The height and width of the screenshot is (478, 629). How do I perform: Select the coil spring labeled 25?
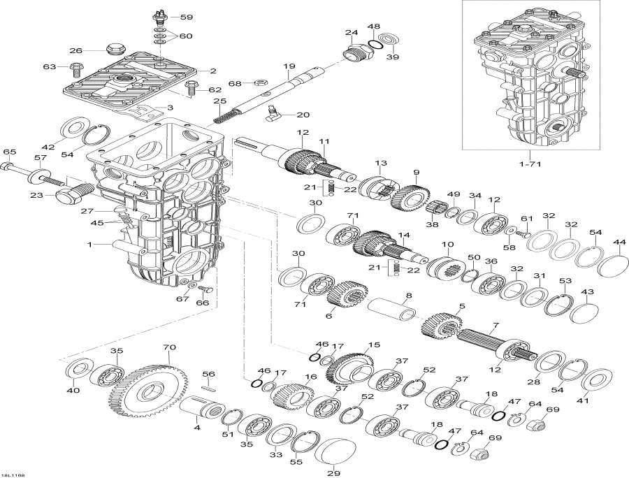click(223, 113)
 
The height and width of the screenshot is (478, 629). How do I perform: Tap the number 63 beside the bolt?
click(49, 67)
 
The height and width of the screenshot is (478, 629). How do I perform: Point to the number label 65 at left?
click(9, 152)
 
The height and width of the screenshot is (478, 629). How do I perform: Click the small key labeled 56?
click(208, 386)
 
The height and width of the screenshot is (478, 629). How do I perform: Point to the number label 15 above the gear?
click(374, 345)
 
